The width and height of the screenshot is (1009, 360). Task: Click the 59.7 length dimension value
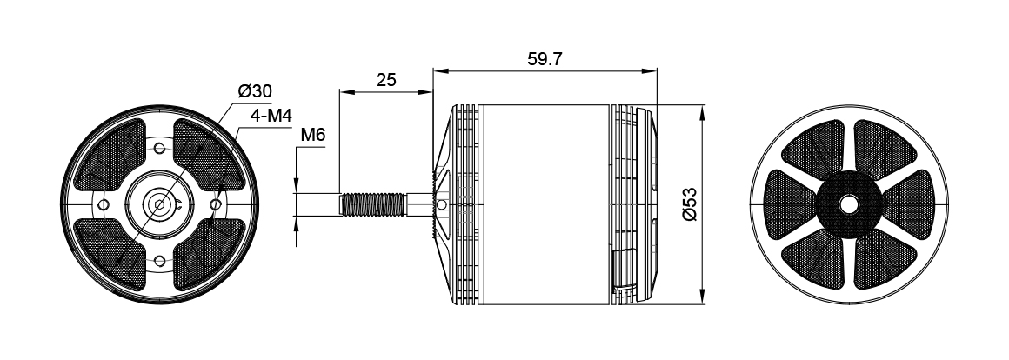545,59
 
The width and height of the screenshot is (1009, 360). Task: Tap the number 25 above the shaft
386,80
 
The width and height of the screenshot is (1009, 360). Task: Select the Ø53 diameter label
689,204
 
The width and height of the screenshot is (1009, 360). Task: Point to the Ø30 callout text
255,91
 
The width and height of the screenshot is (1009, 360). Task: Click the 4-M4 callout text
271,116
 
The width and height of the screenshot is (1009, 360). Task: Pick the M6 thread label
313,135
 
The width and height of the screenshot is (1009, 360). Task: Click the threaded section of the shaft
372,204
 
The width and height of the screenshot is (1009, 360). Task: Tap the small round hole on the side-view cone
442,204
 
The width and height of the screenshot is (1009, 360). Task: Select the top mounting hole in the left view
159,149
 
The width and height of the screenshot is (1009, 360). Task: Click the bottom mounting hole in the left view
159,261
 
